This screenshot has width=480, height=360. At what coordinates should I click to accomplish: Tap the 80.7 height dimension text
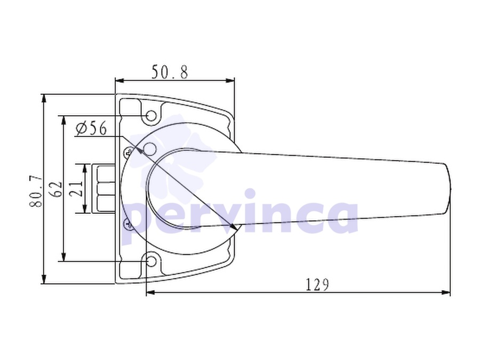click(x=36, y=191)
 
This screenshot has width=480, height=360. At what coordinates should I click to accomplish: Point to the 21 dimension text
click(x=76, y=188)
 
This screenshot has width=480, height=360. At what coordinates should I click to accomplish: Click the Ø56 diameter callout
click(x=91, y=128)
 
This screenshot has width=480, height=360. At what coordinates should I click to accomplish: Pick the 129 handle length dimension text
click(x=317, y=285)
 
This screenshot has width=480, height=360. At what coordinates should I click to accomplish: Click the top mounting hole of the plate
click(x=151, y=116)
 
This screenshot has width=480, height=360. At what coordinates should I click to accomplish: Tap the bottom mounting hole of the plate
click(x=151, y=261)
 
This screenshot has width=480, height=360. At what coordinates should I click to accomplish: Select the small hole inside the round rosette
click(x=150, y=149)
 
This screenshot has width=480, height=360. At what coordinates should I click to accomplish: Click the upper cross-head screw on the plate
click(x=129, y=152)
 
